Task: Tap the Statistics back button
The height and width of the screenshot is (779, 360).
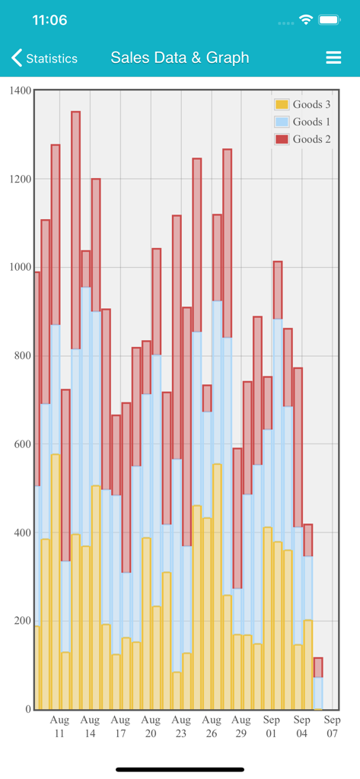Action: point(44,59)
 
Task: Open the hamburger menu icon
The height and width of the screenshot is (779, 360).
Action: point(333,58)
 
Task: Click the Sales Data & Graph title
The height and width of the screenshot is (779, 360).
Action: point(180,58)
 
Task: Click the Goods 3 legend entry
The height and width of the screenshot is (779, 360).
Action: point(303,104)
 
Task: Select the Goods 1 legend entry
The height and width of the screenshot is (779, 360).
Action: point(303,122)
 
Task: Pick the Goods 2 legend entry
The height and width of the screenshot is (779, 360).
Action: point(303,139)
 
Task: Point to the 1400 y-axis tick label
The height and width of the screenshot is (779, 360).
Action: point(21,91)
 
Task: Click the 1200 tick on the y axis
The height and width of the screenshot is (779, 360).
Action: point(21,179)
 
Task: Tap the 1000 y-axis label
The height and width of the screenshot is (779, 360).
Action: point(21,267)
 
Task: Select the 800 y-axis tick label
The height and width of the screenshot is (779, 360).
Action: point(24,355)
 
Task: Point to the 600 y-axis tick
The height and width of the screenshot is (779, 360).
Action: point(24,444)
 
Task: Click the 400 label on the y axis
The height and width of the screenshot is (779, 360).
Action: point(24,533)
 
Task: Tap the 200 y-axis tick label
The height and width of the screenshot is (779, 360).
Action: point(24,621)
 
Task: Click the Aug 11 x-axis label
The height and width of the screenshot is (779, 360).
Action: point(59,727)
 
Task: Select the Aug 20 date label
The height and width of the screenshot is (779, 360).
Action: point(151,727)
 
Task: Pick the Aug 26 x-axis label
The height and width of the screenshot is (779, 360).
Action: point(212,727)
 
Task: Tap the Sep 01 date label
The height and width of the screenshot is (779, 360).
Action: point(272,727)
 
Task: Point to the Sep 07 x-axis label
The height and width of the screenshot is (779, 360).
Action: point(333,727)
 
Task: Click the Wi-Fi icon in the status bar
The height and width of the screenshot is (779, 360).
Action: point(306,21)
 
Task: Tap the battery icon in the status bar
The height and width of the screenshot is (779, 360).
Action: point(330,21)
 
